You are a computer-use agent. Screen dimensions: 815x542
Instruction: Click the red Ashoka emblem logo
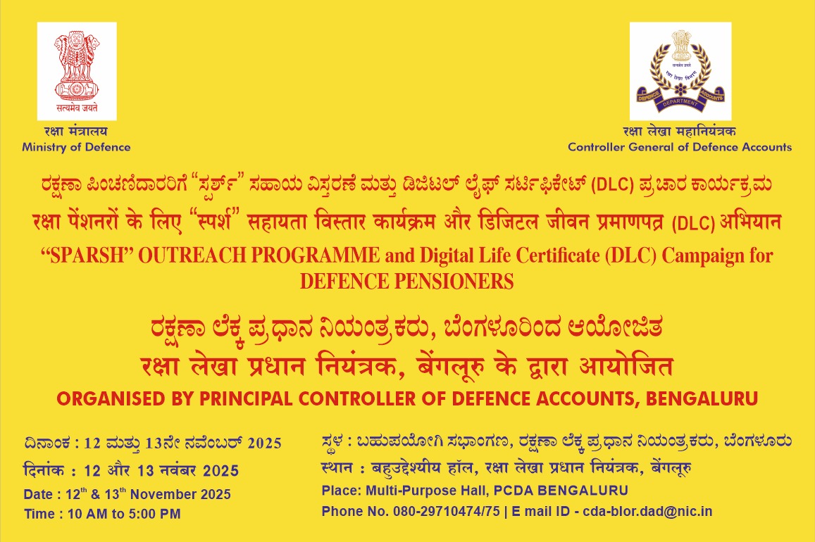point(77,71)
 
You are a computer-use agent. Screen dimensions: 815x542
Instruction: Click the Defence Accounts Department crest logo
point(680,71)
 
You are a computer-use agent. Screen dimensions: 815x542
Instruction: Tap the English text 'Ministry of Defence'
point(76,147)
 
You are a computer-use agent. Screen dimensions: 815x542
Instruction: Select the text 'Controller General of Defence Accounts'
point(680,147)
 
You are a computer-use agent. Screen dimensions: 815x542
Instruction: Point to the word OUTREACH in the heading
point(192,256)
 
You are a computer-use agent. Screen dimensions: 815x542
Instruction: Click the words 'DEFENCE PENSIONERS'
point(407,282)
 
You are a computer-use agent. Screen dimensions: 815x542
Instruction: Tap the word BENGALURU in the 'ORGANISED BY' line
point(702,398)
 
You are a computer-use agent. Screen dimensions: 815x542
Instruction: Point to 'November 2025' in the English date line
point(180,494)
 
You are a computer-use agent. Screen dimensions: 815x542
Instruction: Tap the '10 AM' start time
point(83,514)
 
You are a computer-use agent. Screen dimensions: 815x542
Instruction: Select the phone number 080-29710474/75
point(447,511)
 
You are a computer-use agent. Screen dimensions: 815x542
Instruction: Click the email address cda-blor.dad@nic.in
point(647,511)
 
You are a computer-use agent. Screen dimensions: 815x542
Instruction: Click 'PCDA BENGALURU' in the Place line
point(561,491)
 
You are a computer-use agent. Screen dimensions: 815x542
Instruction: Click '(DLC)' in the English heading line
point(631,256)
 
